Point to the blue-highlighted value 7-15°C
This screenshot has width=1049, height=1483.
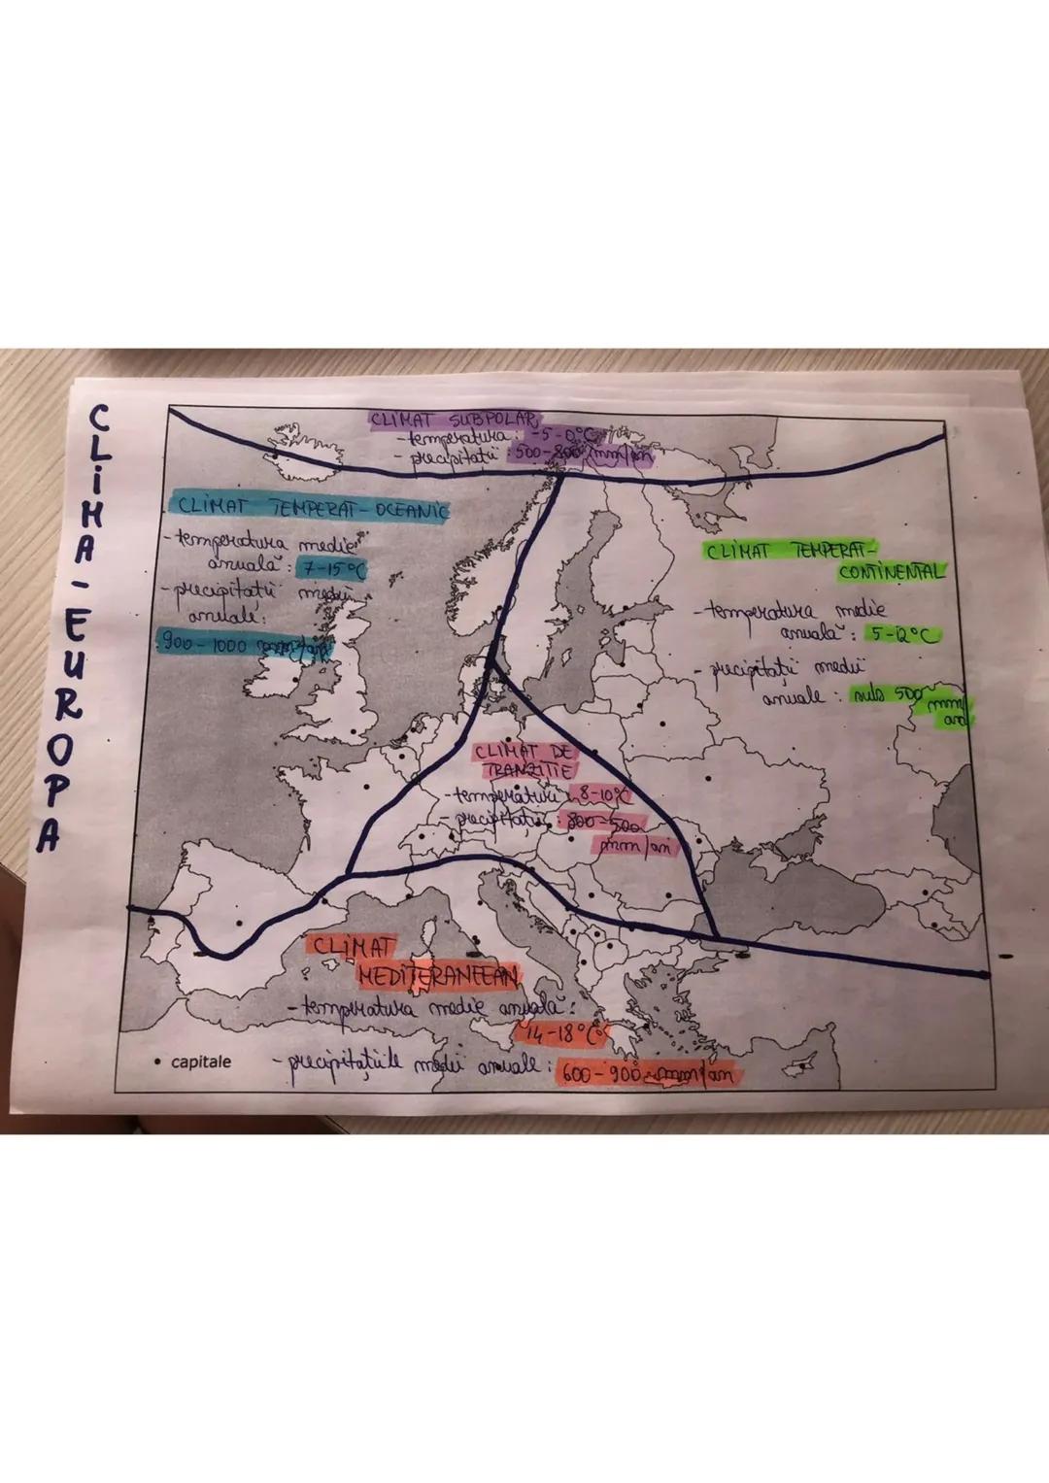pos(331,570)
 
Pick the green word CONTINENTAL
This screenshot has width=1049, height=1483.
pos(891,573)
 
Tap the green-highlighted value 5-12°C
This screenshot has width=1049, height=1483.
pos(904,635)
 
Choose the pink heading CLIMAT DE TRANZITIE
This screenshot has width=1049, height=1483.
pos(525,760)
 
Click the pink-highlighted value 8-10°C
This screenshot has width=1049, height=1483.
pos(600,797)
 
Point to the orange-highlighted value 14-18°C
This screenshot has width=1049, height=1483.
pos(564,1034)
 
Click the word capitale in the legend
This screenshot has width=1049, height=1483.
pos(201,1062)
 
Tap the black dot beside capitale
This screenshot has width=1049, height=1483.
pos(156,1062)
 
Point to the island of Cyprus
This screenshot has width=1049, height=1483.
pos(805,1065)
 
